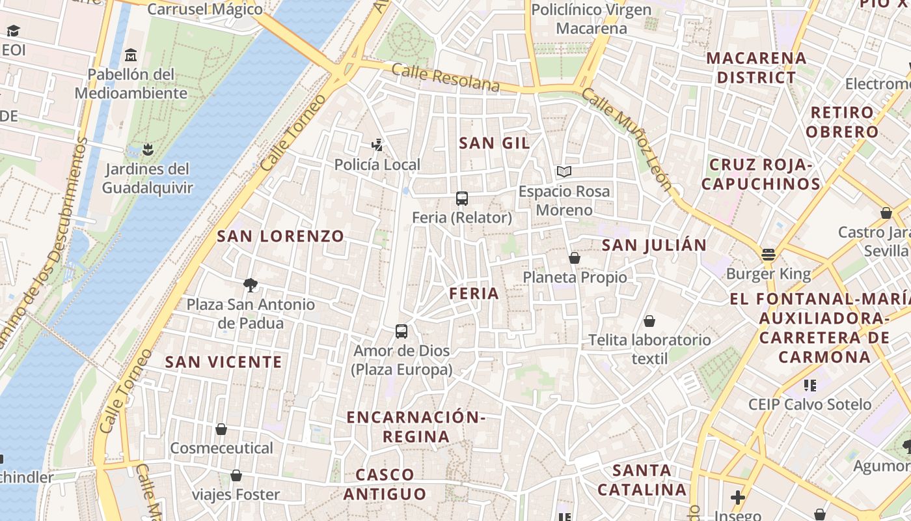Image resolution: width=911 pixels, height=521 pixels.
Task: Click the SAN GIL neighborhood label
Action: [494, 143]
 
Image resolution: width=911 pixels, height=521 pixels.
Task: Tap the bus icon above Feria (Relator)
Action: [462, 199]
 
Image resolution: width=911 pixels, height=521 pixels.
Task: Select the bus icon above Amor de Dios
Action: [401, 331]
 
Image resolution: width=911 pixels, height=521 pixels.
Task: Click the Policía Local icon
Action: [377, 145]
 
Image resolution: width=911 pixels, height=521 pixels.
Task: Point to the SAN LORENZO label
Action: [280, 236]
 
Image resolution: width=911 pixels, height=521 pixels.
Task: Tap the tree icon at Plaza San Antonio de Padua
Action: [250, 285]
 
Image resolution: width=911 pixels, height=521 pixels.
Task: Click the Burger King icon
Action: [768, 255]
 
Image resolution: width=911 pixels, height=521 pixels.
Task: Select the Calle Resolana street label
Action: [446, 77]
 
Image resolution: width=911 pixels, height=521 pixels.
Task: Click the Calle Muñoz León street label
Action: [626, 139]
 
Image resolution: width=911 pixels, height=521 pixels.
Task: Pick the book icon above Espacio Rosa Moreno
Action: [564, 172]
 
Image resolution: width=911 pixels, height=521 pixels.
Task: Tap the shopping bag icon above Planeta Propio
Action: [574, 258]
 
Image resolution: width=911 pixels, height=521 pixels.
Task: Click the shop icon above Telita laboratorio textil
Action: [649, 321]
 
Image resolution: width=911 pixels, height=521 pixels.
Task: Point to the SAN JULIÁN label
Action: [654, 246]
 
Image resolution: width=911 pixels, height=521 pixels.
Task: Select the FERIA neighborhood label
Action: [474, 294]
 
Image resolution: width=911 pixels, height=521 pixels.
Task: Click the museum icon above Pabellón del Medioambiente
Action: [131, 55]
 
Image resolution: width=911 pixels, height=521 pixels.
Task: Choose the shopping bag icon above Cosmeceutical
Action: [221, 429]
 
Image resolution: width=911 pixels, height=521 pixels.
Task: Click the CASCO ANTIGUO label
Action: [385, 485]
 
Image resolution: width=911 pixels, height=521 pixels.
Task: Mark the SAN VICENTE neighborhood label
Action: [223, 362]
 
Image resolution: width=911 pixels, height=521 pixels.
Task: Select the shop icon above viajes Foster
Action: [236, 475]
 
